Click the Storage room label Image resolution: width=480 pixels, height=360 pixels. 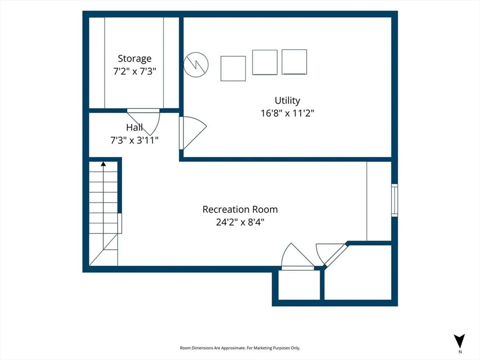pyautogui.click(x=134, y=59)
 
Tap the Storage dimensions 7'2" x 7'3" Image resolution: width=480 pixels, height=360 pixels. pyautogui.click(x=134, y=71)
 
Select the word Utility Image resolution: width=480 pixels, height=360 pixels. pyautogui.click(x=287, y=101)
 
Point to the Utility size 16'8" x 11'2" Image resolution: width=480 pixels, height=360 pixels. pyautogui.click(x=287, y=113)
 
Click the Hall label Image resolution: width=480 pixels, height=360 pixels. pyautogui.click(x=134, y=127)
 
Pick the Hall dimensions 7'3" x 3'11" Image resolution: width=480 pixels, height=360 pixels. pyautogui.click(x=134, y=140)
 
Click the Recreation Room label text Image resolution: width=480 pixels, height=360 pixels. pyautogui.click(x=240, y=209)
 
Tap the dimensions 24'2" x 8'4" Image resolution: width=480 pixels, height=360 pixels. pyautogui.click(x=240, y=222)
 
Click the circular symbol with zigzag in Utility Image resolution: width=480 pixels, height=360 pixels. pyautogui.click(x=196, y=65)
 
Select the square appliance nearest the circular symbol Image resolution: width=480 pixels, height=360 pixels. pyautogui.click(x=233, y=68)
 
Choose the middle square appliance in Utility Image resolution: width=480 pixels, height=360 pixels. pyautogui.click(x=265, y=62)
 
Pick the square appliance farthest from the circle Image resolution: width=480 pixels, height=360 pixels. pyautogui.click(x=294, y=62)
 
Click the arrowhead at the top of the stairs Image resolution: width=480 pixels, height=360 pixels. pyautogui.click(x=103, y=164)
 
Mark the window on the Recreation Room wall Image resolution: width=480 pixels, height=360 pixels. pyautogui.click(x=394, y=200)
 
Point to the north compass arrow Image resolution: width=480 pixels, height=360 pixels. pyautogui.click(x=459, y=341)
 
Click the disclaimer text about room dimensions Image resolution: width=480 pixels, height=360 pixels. pyautogui.click(x=240, y=348)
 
